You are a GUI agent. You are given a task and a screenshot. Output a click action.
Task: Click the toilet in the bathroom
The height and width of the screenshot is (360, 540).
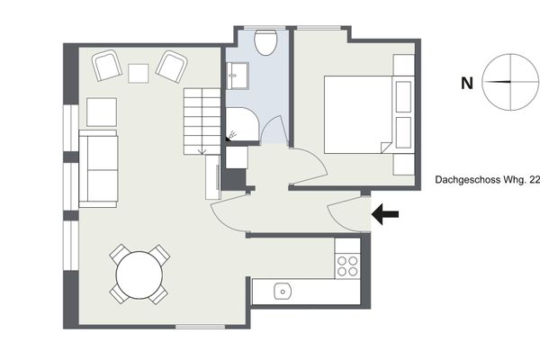(265, 42)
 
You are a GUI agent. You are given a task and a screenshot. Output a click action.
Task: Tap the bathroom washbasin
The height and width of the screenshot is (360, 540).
(238, 76)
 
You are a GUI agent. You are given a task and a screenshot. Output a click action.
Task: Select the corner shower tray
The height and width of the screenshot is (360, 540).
(241, 124)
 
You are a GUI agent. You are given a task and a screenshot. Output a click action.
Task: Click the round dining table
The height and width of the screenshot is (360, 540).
(139, 274)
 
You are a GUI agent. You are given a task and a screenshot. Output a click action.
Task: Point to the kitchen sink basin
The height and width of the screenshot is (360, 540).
(283, 292)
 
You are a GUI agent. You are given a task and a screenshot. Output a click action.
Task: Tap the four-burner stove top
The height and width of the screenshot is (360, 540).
(347, 265)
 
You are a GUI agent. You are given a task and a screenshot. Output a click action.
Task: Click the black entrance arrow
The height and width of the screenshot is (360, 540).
(385, 214)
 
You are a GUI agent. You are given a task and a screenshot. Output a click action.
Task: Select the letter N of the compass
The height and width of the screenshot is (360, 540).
(466, 84)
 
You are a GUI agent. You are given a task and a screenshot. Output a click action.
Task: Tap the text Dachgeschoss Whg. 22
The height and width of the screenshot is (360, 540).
(487, 180)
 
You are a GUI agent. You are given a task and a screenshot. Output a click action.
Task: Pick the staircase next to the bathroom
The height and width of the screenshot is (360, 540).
(202, 121)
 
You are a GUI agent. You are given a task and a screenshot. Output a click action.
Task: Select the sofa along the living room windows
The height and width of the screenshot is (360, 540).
(98, 169)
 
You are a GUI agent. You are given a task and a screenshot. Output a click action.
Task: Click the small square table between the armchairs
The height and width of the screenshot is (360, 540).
(139, 74)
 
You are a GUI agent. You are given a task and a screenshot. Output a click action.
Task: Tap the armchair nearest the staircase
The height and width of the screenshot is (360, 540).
(172, 67)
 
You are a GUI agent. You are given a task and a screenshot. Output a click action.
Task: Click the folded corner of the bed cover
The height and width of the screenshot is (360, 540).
(385, 147)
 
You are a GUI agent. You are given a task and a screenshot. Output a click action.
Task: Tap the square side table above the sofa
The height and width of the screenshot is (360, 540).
(102, 112)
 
